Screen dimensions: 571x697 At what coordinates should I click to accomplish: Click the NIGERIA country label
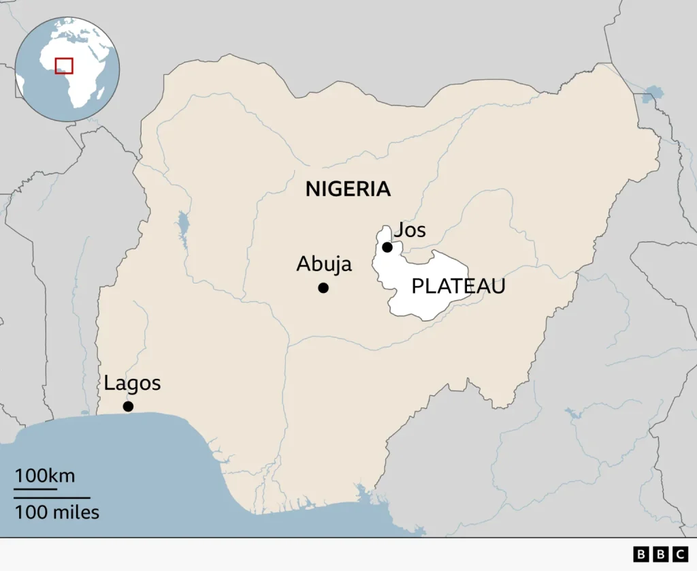348,189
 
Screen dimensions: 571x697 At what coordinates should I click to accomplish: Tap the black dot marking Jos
387,247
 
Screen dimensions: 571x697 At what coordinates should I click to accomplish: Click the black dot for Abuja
323,288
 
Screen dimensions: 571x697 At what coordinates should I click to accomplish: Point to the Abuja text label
324,264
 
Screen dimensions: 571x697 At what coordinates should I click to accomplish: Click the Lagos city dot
127,407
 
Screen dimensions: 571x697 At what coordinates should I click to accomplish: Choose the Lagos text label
132,384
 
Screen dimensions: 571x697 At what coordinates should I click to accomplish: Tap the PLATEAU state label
458,286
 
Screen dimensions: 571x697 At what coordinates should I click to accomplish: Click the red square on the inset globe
64,65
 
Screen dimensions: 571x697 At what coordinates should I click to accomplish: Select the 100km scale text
45,476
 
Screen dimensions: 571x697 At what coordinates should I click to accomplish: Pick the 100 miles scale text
57,512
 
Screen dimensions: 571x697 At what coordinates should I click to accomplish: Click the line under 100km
36,489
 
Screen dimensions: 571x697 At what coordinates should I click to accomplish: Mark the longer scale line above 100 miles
52,498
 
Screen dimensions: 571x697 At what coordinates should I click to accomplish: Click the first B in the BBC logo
641,555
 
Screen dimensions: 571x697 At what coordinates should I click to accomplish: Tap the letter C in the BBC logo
679,555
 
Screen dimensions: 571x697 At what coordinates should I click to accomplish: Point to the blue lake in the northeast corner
653,93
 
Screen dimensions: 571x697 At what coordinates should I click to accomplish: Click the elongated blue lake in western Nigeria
182,227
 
